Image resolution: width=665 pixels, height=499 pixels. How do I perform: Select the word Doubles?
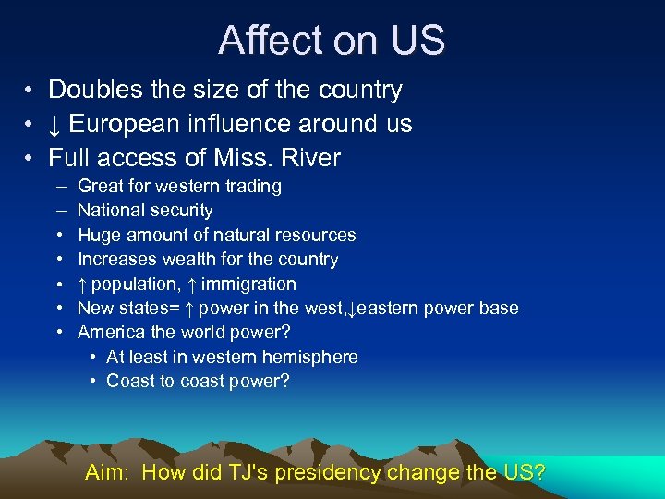[x=91, y=90]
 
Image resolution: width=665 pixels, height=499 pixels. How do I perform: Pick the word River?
[x=310, y=158]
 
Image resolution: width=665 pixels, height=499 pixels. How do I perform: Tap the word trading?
[x=249, y=187]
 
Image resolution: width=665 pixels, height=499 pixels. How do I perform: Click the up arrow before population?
[x=82, y=285]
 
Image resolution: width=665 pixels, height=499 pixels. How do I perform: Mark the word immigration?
[x=248, y=285]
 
